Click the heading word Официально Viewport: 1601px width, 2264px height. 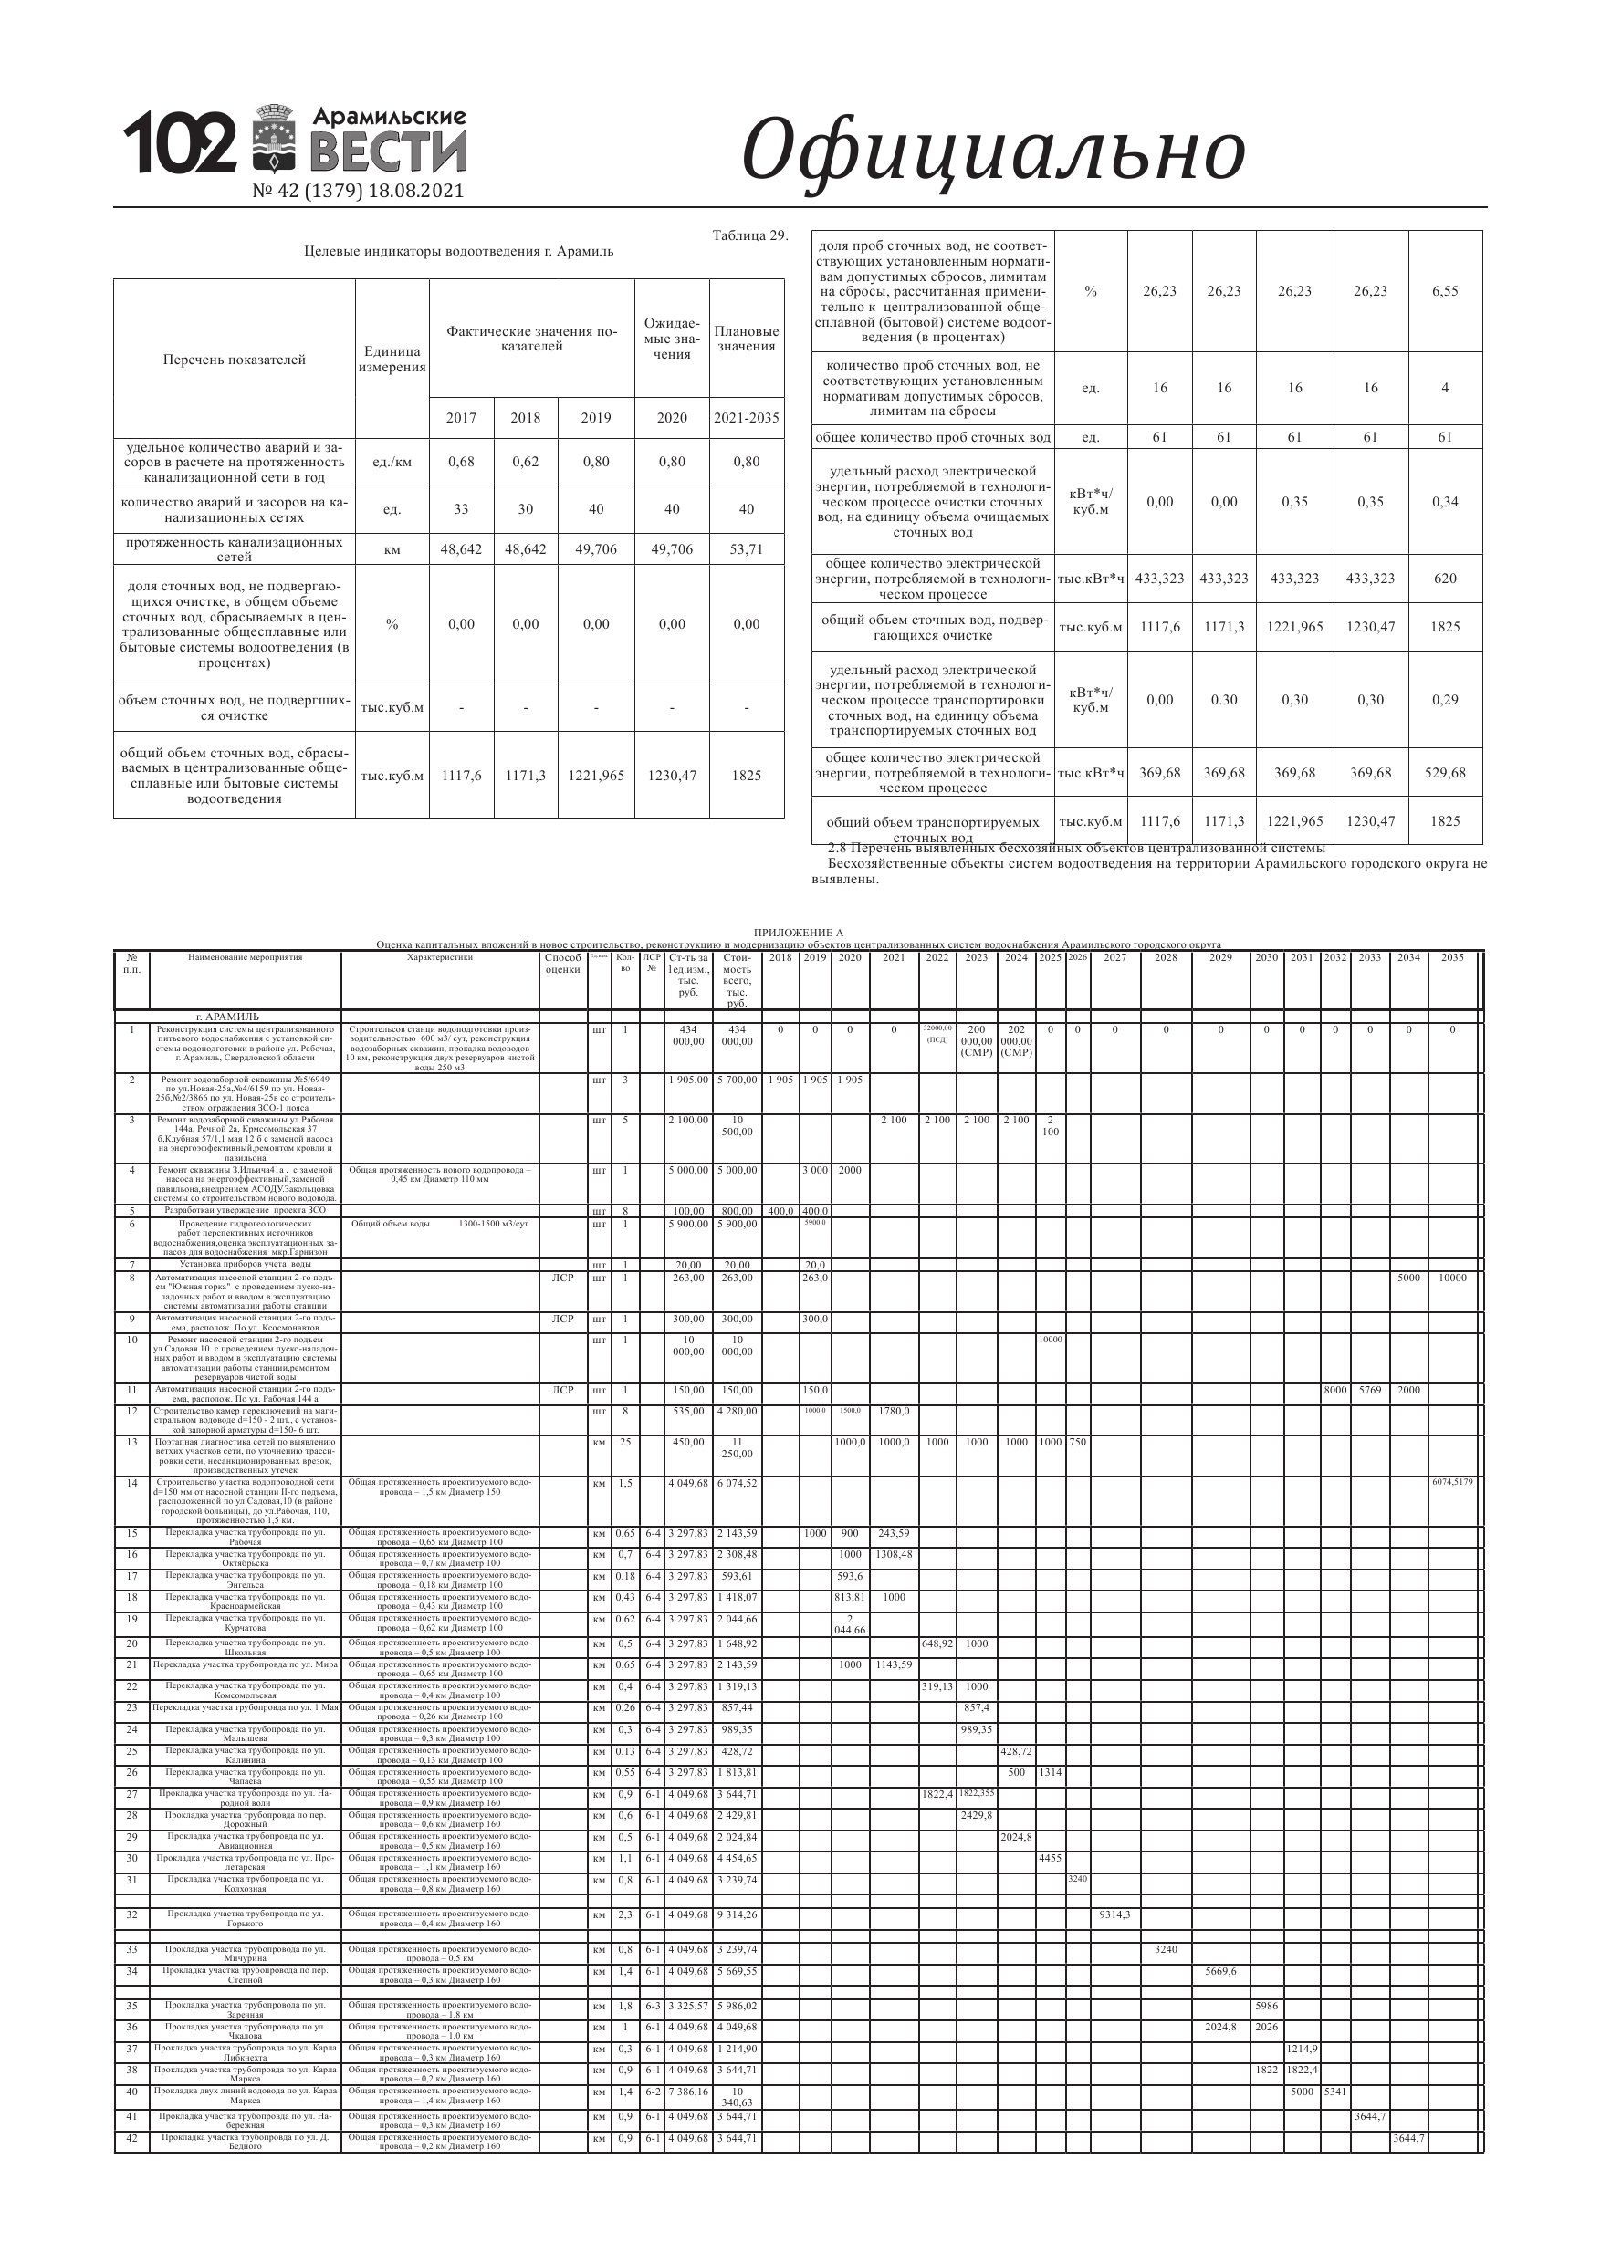point(992,150)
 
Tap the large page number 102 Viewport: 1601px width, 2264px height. point(180,144)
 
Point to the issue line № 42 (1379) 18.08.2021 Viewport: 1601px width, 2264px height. point(358,192)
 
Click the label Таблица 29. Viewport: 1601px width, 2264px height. point(749,235)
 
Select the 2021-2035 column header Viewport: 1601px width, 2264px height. point(747,418)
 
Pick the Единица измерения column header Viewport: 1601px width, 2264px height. point(392,359)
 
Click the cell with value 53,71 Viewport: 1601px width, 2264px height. point(747,549)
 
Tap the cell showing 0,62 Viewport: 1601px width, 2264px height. point(525,462)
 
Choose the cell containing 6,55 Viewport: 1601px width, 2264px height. point(1444,291)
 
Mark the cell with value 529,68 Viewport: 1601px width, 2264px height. point(1444,773)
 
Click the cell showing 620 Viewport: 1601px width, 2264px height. point(1444,579)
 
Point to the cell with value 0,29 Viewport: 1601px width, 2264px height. point(1444,700)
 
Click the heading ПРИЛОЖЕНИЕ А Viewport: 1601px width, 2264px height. point(798,932)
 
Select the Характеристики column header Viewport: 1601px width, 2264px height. point(440,957)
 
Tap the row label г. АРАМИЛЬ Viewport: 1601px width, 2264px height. point(228,1017)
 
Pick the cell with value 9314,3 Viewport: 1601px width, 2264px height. point(1114,1914)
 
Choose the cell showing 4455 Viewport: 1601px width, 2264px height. point(1050,1858)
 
